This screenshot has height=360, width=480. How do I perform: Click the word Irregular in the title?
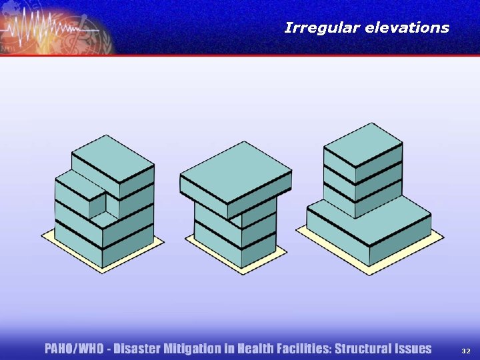pyautogui.click(x=317, y=28)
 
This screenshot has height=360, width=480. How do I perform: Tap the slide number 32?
pyautogui.click(x=466, y=350)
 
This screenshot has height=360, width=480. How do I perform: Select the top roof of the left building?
pyautogui.click(x=113, y=158)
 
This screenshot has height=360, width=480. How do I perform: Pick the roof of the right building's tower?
pyautogui.click(x=363, y=144)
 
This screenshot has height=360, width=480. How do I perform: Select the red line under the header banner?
pyautogui.click(x=240, y=55)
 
